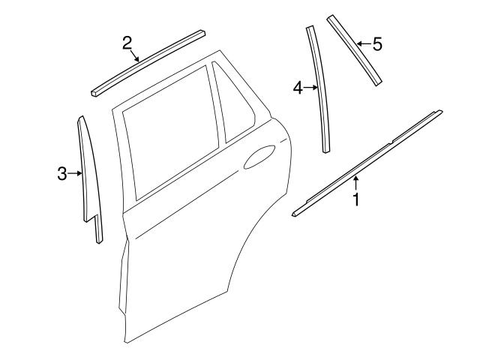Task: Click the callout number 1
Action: [x=357, y=200]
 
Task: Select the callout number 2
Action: [x=127, y=42]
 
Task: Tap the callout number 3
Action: [x=62, y=174]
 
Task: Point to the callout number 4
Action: [x=298, y=88]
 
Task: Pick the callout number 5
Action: [x=377, y=44]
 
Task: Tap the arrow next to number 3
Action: [x=76, y=174]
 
